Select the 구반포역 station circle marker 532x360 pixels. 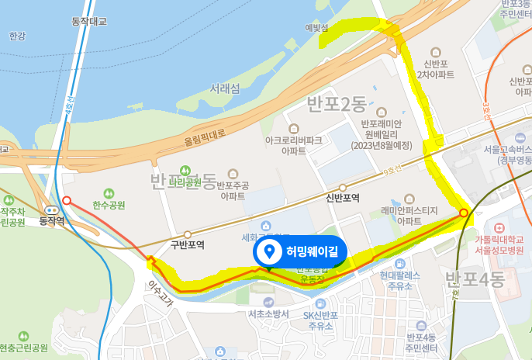point(188,234)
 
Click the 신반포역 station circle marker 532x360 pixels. point(343,187)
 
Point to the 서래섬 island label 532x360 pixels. point(224,88)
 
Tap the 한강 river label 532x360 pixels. point(17,36)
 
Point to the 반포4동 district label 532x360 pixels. point(474,277)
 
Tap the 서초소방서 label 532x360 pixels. point(268,313)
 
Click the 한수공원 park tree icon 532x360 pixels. point(108,193)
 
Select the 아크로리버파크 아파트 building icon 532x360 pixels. point(293,128)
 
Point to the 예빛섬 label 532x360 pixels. point(317,28)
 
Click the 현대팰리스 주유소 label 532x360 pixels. point(400,280)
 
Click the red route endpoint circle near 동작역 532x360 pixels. point(67,200)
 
